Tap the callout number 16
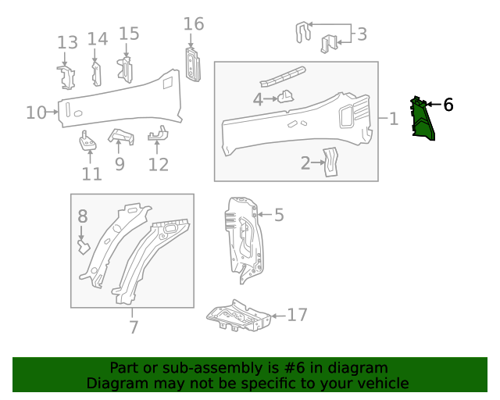[x=194, y=24]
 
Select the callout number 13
[x=67, y=43]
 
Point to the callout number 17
[x=297, y=315]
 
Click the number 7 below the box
[x=134, y=327]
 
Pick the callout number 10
[x=36, y=112]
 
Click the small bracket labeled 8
[x=84, y=247]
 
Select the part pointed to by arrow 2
[x=330, y=162]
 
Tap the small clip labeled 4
[x=286, y=97]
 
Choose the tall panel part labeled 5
[x=245, y=239]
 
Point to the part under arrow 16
[x=193, y=65]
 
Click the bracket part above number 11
[x=87, y=141]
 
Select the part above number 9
[x=122, y=136]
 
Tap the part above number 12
[x=158, y=134]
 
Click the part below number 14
[x=96, y=74]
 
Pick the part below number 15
[x=125, y=70]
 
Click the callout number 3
[x=362, y=34]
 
